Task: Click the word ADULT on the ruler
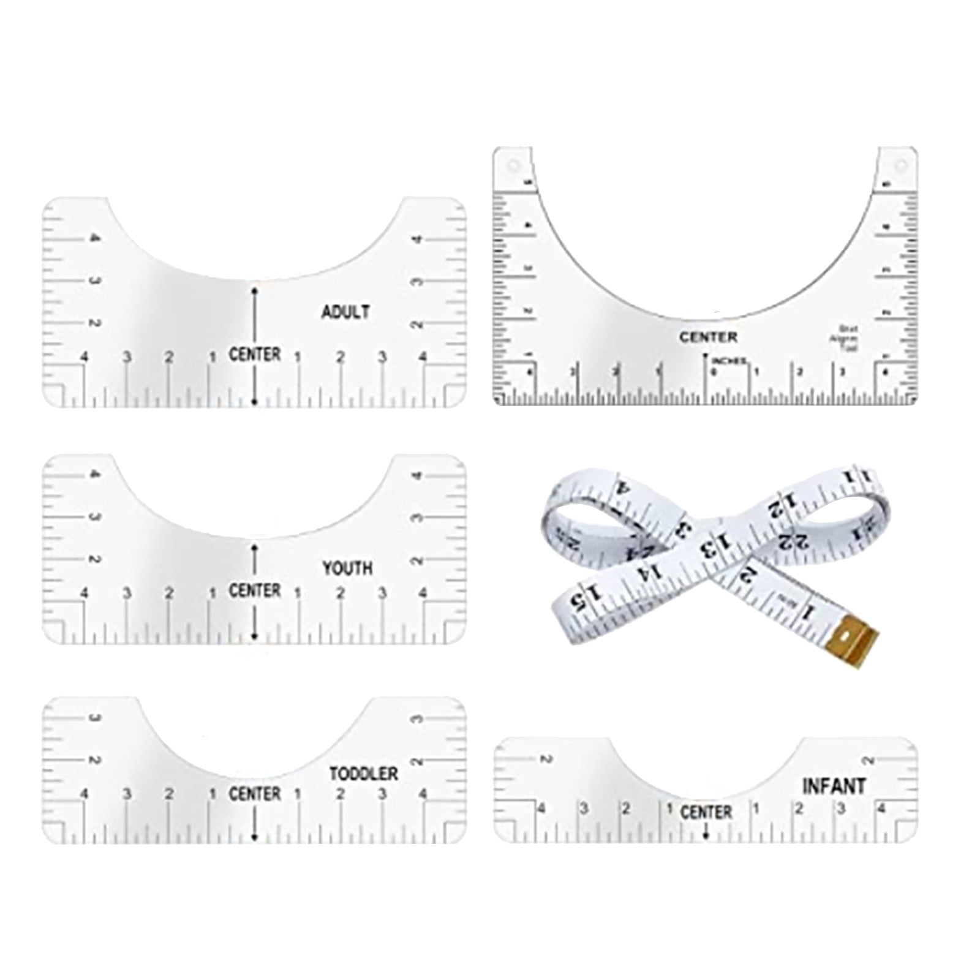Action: coord(345,312)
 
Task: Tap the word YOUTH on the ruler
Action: coord(347,568)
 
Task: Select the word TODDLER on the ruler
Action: coord(364,774)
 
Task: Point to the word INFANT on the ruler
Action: coord(834,786)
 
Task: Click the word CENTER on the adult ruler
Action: coord(255,354)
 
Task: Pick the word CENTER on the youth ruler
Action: coord(255,590)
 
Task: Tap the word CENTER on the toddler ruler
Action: coord(255,794)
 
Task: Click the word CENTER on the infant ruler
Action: coord(706,812)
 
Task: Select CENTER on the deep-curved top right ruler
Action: coord(708,337)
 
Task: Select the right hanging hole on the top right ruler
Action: coord(899,165)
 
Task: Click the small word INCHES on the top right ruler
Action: coord(729,361)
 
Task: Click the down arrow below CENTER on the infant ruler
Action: coord(706,833)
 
